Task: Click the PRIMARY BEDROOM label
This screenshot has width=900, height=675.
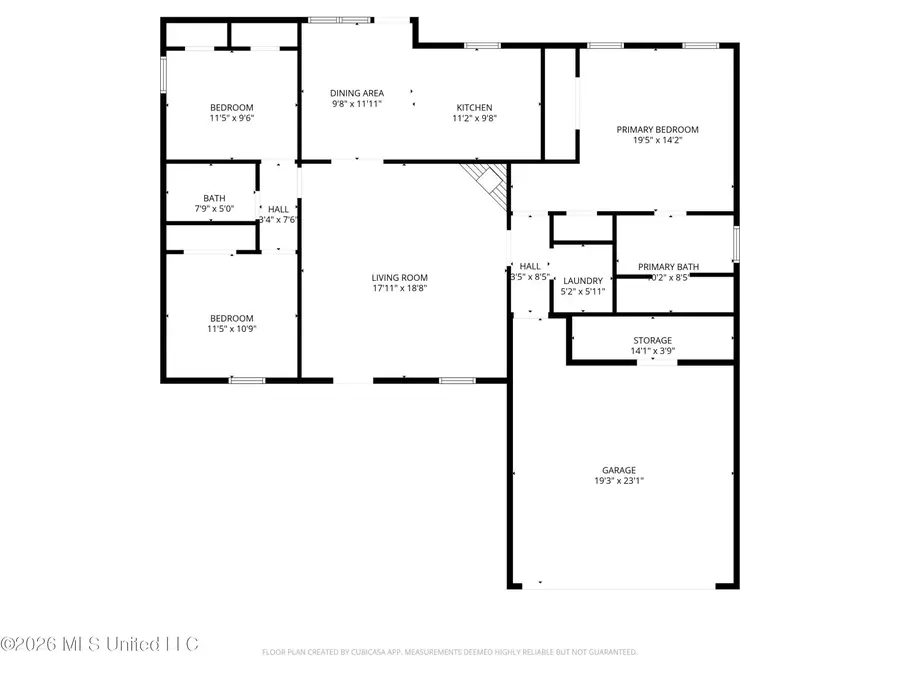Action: coord(657,130)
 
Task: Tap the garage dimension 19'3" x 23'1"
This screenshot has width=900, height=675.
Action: coord(618,481)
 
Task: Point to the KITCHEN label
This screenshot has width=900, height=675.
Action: coord(474,108)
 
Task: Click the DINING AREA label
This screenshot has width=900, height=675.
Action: coord(357,93)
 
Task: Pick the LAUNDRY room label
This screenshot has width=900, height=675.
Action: coord(583,281)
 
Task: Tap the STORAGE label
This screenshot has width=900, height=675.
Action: coord(652,341)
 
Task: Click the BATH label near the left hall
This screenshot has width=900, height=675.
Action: coord(214,198)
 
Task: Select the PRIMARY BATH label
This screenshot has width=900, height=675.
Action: coord(668,267)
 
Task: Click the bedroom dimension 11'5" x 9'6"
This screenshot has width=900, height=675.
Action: coord(231,119)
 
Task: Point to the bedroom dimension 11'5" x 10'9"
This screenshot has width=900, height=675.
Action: coord(231,328)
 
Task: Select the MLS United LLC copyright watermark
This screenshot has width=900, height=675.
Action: coord(100,643)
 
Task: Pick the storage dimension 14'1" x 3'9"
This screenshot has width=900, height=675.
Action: coord(652,352)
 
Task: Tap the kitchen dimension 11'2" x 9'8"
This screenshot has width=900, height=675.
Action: coord(474,119)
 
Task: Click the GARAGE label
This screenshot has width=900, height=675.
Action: coord(618,470)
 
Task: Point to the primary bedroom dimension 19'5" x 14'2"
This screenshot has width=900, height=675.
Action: coord(657,141)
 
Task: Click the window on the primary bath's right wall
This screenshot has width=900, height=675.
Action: coord(736,243)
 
